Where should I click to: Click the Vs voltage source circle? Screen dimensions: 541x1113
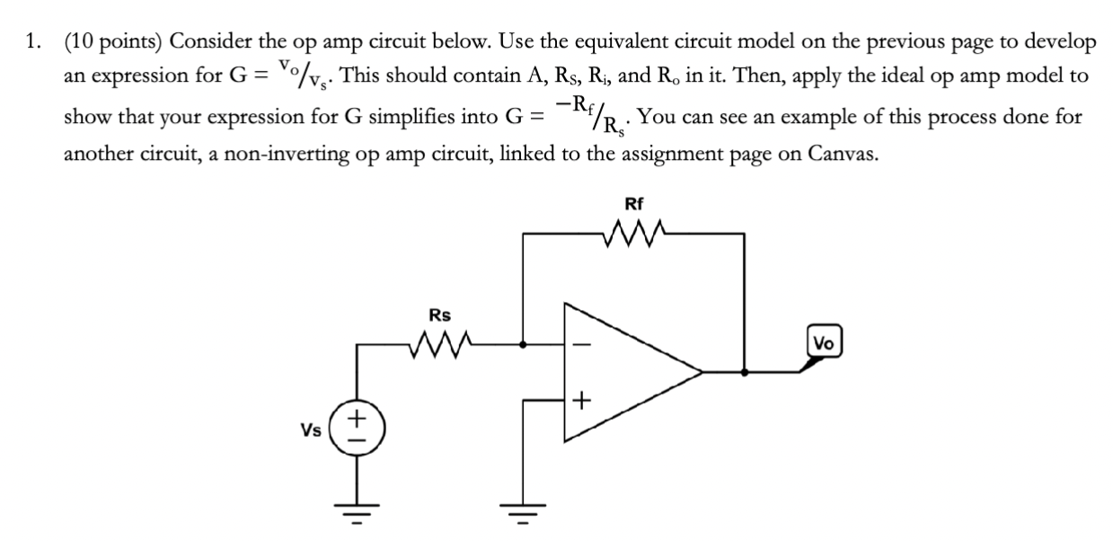tap(358, 428)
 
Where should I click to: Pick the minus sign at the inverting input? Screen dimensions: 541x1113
tap(581, 343)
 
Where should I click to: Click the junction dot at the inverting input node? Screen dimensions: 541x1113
tap(525, 342)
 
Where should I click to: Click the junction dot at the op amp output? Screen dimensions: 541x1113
tap(744, 369)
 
